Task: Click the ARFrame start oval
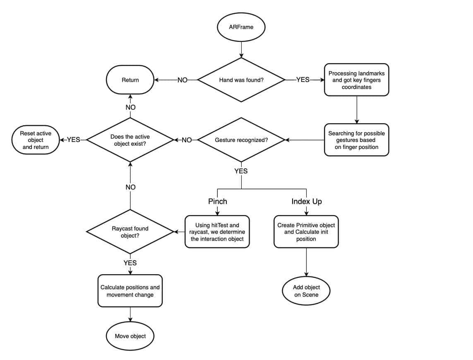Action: pyautogui.click(x=241, y=27)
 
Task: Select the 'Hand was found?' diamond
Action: pyautogui.click(x=241, y=80)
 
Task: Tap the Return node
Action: pyautogui.click(x=130, y=80)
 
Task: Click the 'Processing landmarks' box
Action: pyautogui.click(x=357, y=80)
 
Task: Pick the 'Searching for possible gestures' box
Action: pyautogui.click(x=357, y=140)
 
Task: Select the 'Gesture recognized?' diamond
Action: pyautogui.click(x=241, y=140)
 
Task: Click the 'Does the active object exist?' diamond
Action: pyautogui.click(x=130, y=140)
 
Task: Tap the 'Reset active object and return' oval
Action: pyautogui.click(x=36, y=140)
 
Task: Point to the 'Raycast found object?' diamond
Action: pyautogui.click(x=130, y=232)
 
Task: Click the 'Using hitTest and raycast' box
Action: pyautogui.click(x=217, y=232)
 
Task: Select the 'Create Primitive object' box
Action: pyautogui.click(x=306, y=232)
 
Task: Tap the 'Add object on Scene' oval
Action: pyautogui.click(x=306, y=290)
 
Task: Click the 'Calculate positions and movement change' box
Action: pyautogui.click(x=130, y=290)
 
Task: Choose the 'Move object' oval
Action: pyautogui.click(x=130, y=336)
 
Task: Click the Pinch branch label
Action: pyautogui.click(x=218, y=201)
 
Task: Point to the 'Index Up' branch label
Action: pyautogui.click(x=307, y=201)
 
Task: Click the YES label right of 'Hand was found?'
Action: pyautogui.click(x=303, y=79)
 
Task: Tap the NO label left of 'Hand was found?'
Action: pyautogui.click(x=182, y=80)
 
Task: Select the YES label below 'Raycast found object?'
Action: pyautogui.click(x=130, y=263)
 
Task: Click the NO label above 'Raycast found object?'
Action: pyautogui.click(x=130, y=187)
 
